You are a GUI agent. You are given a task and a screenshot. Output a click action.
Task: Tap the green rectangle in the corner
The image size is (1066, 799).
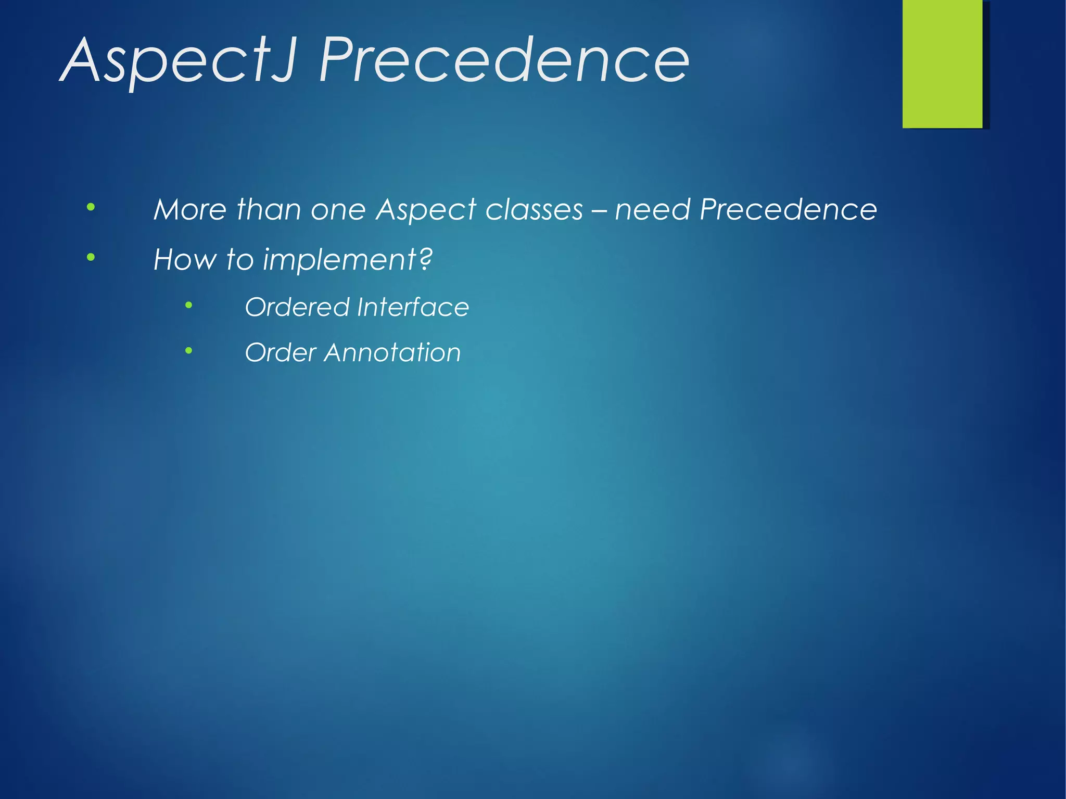[942, 64]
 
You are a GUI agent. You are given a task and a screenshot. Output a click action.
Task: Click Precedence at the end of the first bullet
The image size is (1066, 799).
[788, 210]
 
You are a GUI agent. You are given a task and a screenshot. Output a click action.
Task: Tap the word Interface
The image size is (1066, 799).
[413, 307]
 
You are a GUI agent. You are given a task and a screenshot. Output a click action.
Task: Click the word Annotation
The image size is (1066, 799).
[392, 352]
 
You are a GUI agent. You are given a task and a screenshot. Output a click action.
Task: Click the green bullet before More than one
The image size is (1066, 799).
[91, 207]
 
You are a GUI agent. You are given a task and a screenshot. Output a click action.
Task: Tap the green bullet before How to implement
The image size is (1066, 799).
[91, 257]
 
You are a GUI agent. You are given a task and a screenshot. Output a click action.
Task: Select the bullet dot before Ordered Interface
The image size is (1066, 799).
[189, 305]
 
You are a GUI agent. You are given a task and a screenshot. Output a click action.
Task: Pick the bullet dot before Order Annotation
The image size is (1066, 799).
[189, 350]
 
